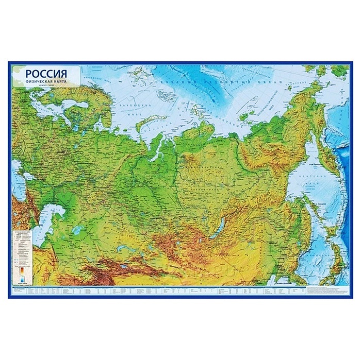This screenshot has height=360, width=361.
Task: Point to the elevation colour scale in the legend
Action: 21,272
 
